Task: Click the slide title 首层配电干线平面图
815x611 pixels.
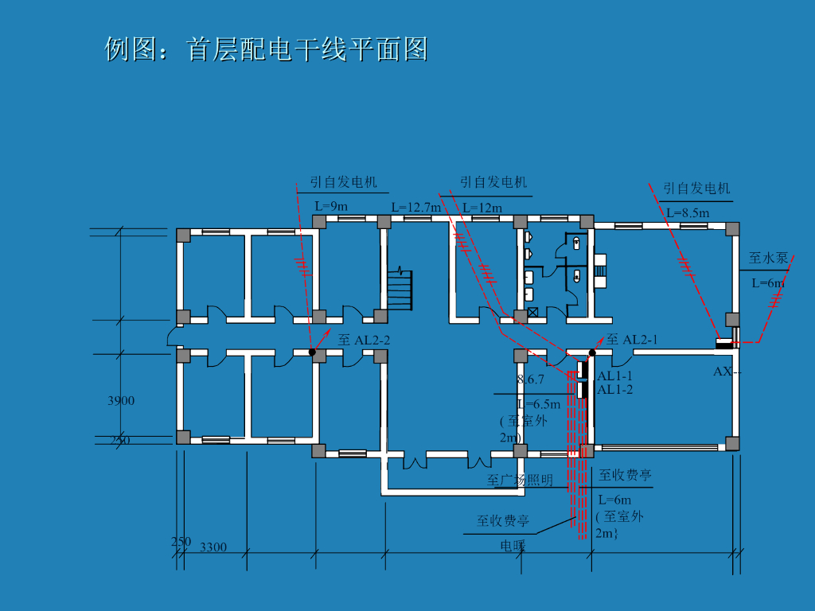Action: pos(266,49)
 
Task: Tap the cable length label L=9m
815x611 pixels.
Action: pos(331,206)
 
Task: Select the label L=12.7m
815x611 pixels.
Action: pos(415,208)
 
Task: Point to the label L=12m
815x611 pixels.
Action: pos(482,208)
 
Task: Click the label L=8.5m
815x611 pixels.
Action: pos(688,212)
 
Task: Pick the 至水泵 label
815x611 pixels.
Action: pos(768,258)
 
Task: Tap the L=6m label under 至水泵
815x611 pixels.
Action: pos(768,282)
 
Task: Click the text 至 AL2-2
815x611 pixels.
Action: pos(364,340)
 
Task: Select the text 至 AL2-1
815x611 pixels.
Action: pos(632,340)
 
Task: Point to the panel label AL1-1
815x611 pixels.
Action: pos(615,376)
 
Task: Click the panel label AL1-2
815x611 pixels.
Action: pos(615,389)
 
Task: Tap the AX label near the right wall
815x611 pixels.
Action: pos(723,372)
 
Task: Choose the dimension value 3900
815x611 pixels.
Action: pos(121,401)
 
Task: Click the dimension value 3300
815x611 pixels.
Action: pos(213,547)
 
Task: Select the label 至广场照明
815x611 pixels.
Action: pos(520,481)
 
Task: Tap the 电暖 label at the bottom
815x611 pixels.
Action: pos(513,546)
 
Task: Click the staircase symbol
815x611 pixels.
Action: pos(400,290)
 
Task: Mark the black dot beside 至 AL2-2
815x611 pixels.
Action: pos(313,352)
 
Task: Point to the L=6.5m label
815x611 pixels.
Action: pos(539,404)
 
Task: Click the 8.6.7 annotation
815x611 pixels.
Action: pos(531,379)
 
